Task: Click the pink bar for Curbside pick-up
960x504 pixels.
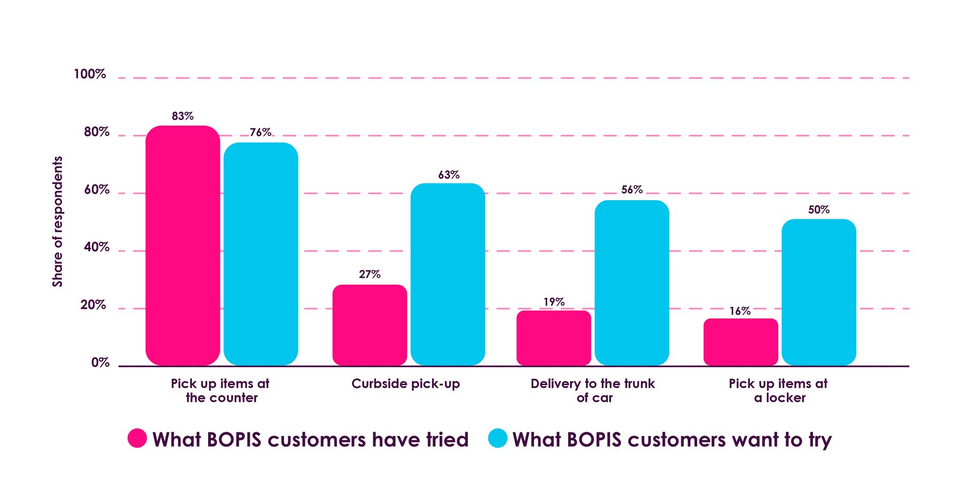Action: [x=370, y=325]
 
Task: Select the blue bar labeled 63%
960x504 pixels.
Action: [x=448, y=274]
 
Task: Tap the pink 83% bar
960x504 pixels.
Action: [x=182, y=246]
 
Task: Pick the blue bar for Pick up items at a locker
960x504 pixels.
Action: [x=818, y=292]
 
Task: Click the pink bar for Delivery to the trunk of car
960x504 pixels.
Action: [x=554, y=338]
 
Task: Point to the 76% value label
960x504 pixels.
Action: [x=260, y=132]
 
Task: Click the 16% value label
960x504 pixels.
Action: [x=740, y=311]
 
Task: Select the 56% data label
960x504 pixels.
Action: [x=632, y=189]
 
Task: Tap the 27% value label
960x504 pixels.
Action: [x=370, y=274]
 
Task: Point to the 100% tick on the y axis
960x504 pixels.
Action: [x=90, y=74]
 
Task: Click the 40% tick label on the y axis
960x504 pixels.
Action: [x=96, y=247]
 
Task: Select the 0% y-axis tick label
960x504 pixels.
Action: [x=100, y=362]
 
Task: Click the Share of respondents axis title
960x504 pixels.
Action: [x=57, y=221]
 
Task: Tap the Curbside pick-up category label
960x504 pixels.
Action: [x=405, y=384]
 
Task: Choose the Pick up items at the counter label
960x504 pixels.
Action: [x=220, y=391]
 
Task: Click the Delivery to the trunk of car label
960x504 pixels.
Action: [x=593, y=391]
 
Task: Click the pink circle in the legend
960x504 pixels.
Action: [x=137, y=438]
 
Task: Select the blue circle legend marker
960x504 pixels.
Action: [x=497, y=438]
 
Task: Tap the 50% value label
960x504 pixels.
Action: [x=818, y=209]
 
